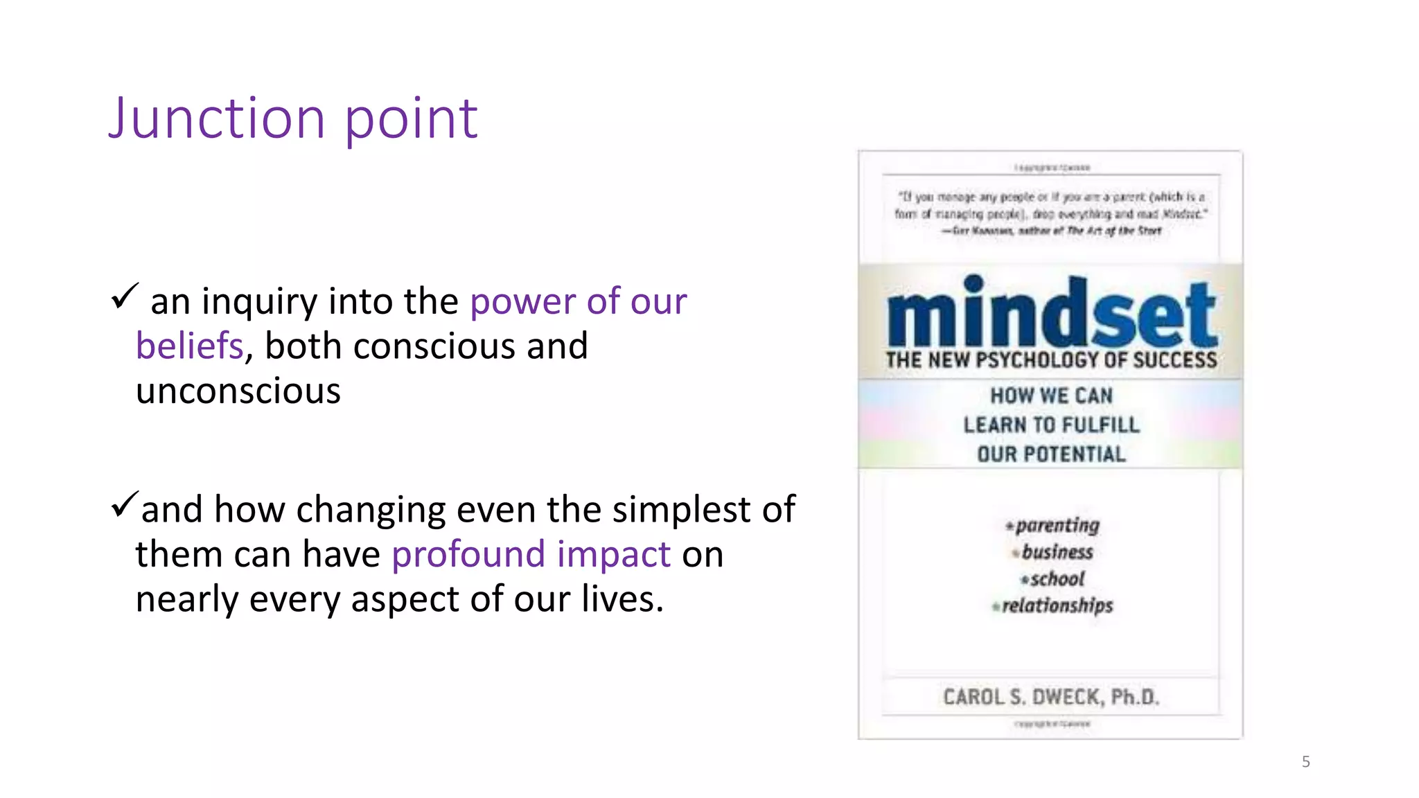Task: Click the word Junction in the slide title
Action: point(216,118)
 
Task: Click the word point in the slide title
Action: point(411,118)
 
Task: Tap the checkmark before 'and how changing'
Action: point(125,504)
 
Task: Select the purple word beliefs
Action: point(189,346)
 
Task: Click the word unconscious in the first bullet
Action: point(238,391)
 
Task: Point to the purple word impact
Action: point(613,554)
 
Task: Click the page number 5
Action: point(1305,762)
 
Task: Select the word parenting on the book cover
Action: point(1057,525)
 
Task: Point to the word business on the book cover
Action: point(1057,552)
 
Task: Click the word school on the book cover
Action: point(1057,578)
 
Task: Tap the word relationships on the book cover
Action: point(1057,605)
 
